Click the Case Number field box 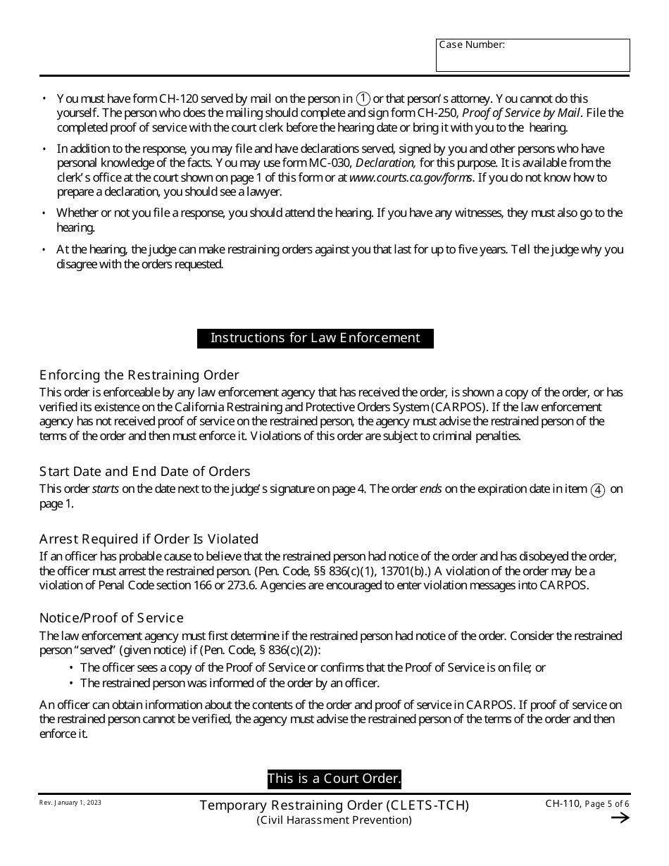coord(532,56)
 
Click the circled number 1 coord(363,99)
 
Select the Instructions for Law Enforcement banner coord(315,338)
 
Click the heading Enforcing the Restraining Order coord(139,375)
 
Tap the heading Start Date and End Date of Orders coord(145,472)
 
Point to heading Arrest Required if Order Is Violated coord(149,539)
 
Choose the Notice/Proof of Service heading coord(111,618)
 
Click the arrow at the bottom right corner coord(620,817)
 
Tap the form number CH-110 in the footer coord(562,804)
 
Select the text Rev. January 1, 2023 coord(70,803)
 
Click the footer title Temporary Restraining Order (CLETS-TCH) coord(334,805)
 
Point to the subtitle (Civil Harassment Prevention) coord(334,820)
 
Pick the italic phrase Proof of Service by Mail coord(521,113)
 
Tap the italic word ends coord(431,489)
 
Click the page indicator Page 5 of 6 coord(608,805)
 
